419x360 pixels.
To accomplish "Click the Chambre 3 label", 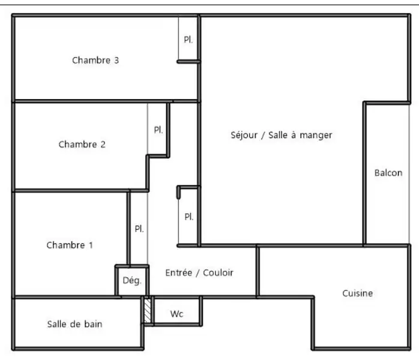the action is [95, 61].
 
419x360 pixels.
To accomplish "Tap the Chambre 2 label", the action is [82, 145].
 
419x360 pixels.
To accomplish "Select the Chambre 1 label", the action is [70, 245].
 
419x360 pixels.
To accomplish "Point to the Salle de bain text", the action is [75, 324].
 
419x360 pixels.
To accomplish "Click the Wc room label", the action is [176, 314].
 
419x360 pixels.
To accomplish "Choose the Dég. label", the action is [132, 280].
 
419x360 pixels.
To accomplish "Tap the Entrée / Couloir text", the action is [199, 272].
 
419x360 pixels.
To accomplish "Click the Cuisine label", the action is [358, 293].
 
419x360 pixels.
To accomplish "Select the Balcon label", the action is [388, 173].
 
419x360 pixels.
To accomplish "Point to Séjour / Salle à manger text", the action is [282, 135].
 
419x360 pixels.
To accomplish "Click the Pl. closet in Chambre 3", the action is [188, 40].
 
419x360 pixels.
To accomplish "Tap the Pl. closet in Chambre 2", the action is [158, 130].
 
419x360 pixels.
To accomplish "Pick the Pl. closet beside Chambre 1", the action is [139, 229].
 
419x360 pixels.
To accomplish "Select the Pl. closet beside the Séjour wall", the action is [189, 217].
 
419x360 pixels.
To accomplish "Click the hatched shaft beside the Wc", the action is [148, 310].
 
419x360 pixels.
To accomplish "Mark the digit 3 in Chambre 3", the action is [116, 61].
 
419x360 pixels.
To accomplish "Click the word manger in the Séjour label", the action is [316, 136].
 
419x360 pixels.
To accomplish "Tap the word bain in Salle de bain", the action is [93, 324].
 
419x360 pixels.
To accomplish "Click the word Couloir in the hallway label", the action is [218, 272].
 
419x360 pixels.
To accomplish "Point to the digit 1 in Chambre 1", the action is [91, 245].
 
